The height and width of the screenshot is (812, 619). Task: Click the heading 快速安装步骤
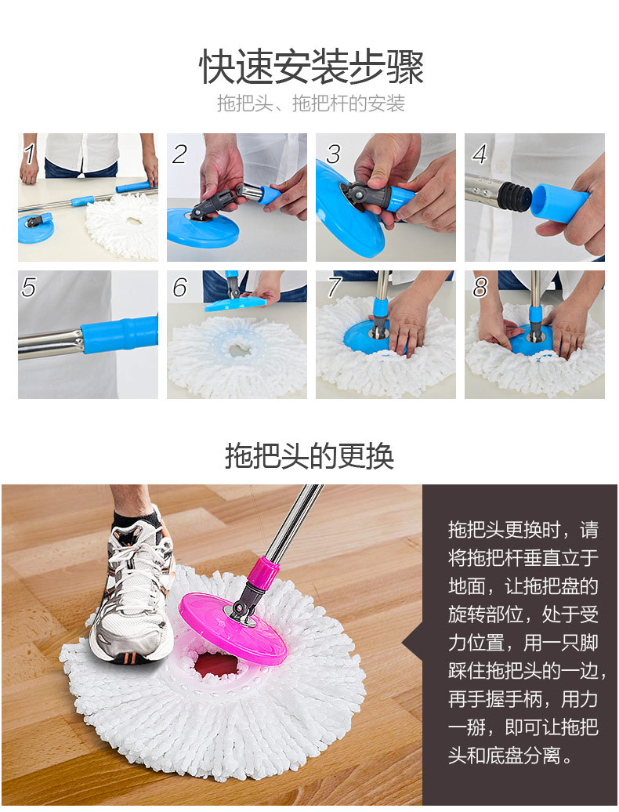(x=311, y=67)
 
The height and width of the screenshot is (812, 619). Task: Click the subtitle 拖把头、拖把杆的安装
(x=310, y=103)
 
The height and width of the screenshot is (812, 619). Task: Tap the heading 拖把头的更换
(x=309, y=456)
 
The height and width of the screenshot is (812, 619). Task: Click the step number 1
(x=31, y=154)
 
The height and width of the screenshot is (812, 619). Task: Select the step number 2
(x=179, y=154)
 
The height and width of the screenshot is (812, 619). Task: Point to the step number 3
(x=333, y=154)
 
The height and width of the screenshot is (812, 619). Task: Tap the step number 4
(x=480, y=154)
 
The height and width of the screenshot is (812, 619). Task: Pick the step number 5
(x=29, y=287)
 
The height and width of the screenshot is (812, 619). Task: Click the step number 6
(x=179, y=287)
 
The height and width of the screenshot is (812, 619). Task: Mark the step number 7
(x=335, y=287)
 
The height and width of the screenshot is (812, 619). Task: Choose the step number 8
(x=480, y=287)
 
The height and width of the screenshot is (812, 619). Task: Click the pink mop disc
(x=233, y=628)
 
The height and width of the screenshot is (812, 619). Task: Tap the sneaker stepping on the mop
(x=133, y=596)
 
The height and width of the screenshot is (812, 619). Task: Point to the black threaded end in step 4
(x=515, y=196)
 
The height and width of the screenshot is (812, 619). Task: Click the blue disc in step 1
(x=35, y=229)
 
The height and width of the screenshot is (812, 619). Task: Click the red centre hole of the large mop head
(x=216, y=665)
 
